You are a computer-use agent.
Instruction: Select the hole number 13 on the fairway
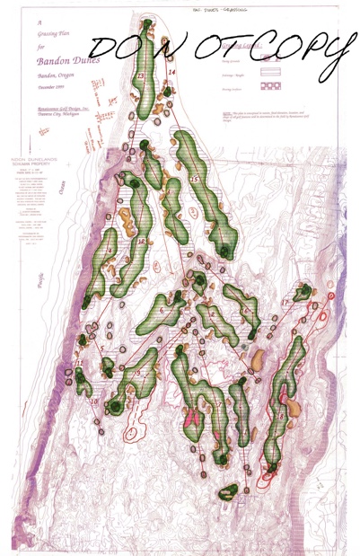pos(141,77)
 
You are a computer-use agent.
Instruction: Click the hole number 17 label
pos(285,303)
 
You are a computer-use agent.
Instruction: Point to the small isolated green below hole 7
pos(229,490)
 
